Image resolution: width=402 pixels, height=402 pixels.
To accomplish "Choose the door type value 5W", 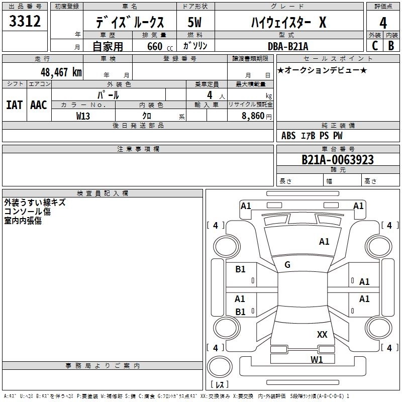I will [194, 23].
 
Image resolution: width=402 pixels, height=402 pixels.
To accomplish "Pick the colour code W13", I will [83, 116].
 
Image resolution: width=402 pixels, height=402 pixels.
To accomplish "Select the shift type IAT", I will [14, 105].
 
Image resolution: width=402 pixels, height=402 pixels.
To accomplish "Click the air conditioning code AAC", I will [38, 105].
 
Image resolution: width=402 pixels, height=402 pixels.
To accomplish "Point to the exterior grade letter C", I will [374, 46].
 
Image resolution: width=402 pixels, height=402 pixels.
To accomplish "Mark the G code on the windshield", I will [287, 265].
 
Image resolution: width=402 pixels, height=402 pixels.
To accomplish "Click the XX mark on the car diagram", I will [322, 334].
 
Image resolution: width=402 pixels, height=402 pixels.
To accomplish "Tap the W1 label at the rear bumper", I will [316, 359].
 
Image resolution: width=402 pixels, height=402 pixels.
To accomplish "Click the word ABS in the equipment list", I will [288, 136].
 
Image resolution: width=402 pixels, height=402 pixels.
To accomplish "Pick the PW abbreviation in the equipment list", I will [337, 136].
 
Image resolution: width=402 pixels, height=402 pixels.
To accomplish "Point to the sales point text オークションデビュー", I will [322, 70].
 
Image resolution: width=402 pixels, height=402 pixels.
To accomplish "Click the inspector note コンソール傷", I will [27, 212].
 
